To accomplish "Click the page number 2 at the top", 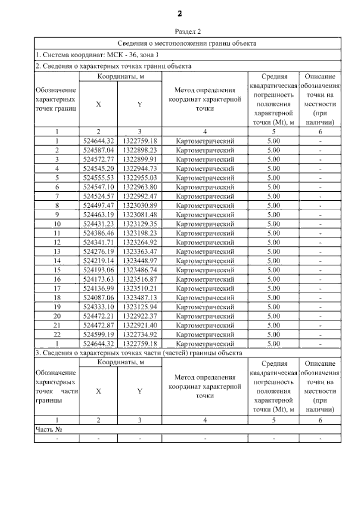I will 180,14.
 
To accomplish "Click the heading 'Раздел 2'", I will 187,31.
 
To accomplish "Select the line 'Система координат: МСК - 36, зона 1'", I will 97,55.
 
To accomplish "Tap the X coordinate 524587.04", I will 98,150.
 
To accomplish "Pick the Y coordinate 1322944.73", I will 140,169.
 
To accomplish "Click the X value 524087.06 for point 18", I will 98,298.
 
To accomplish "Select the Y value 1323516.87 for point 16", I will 140,279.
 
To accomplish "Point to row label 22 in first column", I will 57,334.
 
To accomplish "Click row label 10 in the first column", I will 57,224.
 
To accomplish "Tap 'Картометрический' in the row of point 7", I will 205,196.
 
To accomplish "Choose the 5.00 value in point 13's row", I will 273,251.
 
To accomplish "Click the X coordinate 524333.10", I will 98,307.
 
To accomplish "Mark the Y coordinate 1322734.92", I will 140,334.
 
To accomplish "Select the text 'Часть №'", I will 49,430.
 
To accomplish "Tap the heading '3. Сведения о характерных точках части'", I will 138,353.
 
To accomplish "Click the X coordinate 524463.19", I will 98,215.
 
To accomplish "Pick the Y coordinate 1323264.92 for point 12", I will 140,242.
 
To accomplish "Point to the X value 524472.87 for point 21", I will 98,325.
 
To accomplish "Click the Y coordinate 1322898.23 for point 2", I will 140,150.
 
